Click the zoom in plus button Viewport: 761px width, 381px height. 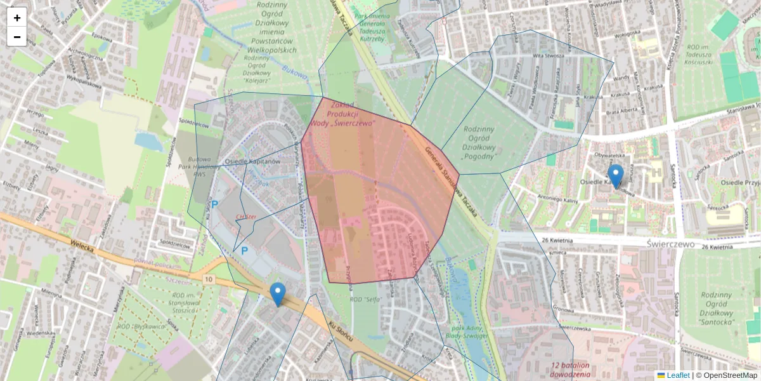pyautogui.click(x=17, y=17)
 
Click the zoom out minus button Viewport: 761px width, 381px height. pyautogui.click(x=17, y=37)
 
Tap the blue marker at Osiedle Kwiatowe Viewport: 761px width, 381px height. pyautogui.click(x=615, y=176)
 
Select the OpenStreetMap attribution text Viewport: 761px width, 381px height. pyautogui.click(x=726, y=375)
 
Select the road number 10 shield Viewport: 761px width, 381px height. pyautogui.click(x=209, y=279)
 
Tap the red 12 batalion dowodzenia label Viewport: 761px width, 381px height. pyautogui.click(x=570, y=370)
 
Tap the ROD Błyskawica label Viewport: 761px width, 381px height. pyautogui.click(x=137, y=326)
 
